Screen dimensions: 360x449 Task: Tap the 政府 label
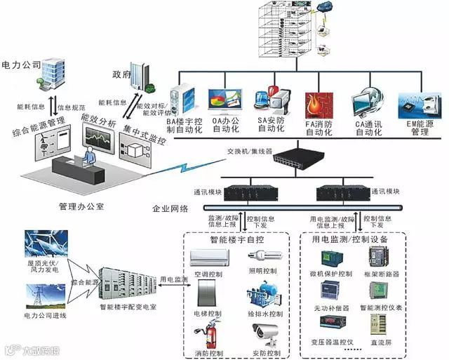(x=121, y=74)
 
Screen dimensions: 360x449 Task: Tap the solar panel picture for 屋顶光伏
(x=46, y=245)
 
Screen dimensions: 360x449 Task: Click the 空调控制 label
(x=208, y=273)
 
